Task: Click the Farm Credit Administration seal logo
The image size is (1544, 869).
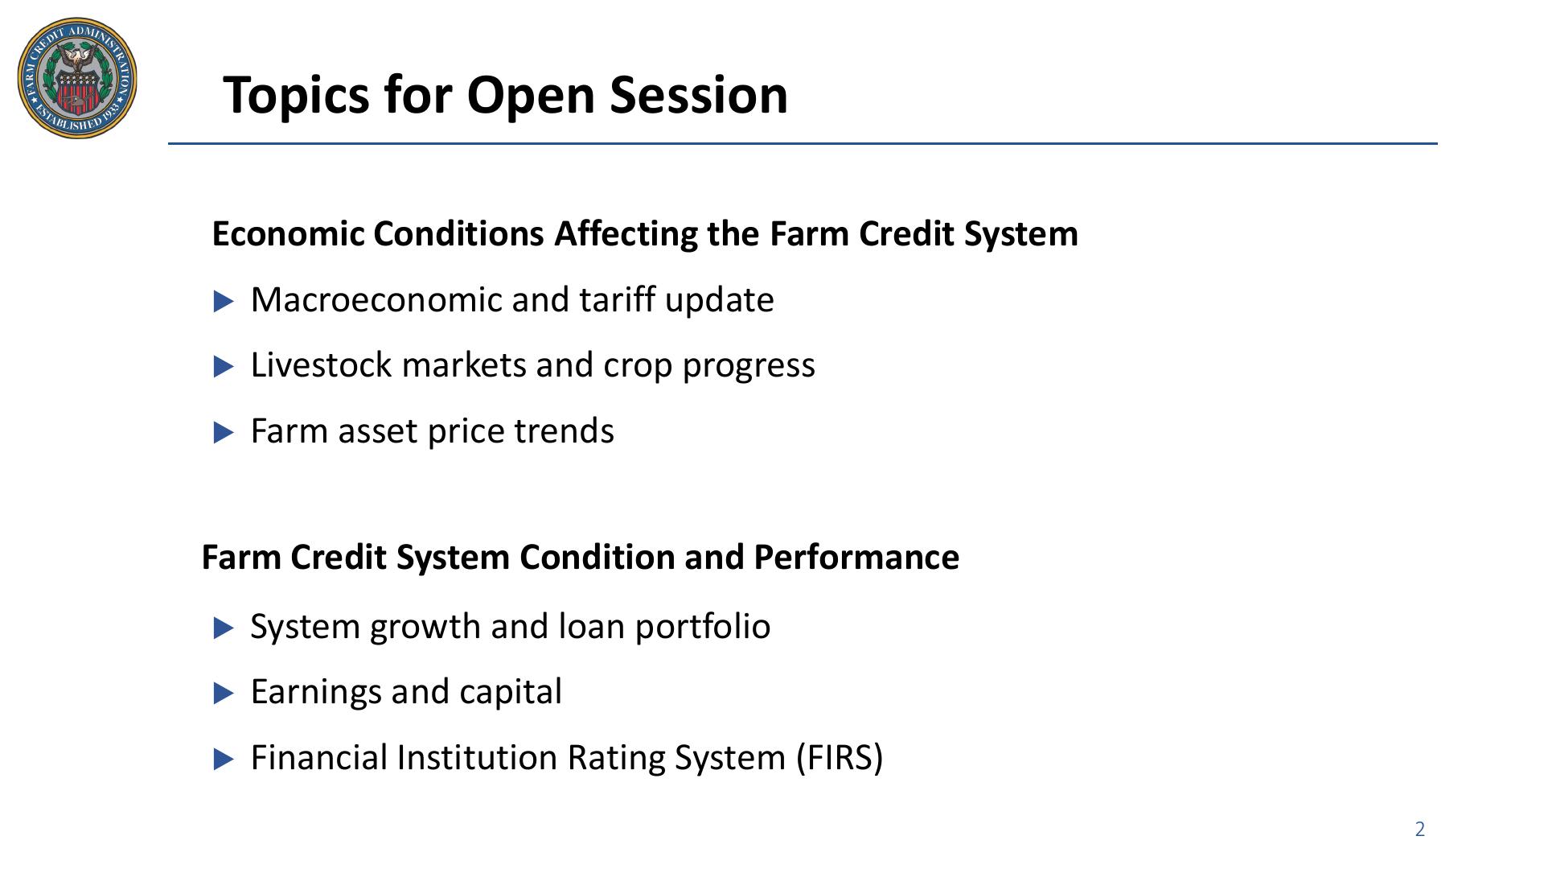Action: [77, 78]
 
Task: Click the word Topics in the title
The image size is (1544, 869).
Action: [295, 95]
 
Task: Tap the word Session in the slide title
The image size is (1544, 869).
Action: [699, 94]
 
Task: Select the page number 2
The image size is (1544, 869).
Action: [1420, 830]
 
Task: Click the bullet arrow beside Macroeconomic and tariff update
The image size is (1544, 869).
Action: [224, 302]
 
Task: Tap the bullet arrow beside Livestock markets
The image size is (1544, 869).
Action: [224, 367]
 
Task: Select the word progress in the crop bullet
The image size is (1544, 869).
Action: [749, 366]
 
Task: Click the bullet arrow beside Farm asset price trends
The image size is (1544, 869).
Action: [224, 433]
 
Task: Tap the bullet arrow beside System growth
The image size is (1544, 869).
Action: [224, 628]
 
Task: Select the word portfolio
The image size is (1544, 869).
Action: [703, 627]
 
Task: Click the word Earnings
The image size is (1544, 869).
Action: [316, 693]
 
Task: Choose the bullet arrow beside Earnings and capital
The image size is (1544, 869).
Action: [224, 694]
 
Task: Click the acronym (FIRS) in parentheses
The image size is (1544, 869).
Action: [840, 758]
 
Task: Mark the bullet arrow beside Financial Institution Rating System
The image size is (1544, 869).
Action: [224, 760]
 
